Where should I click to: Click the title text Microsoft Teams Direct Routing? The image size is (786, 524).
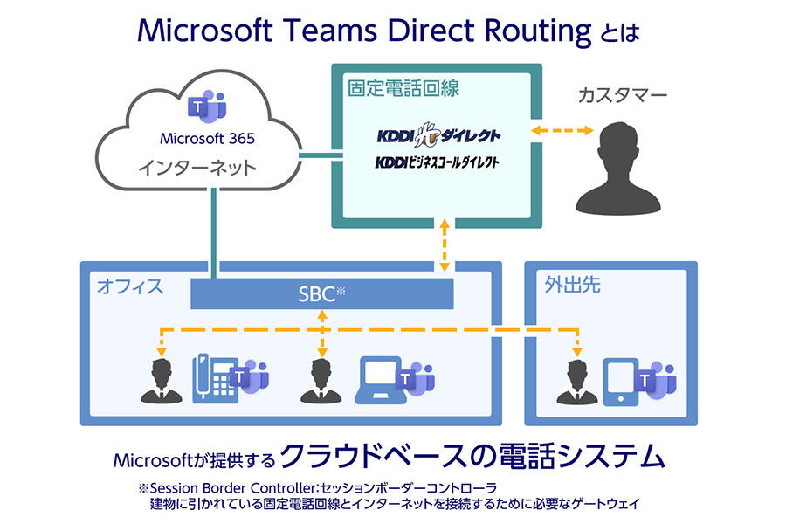tap(364, 31)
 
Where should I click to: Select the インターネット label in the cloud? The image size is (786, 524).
tap(197, 167)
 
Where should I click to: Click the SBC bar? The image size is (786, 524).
tap(322, 293)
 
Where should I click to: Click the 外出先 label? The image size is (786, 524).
tap(572, 285)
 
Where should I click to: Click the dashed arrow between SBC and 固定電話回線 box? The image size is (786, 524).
tap(445, 245)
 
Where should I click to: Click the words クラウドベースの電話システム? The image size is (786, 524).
tap(470, 456)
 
